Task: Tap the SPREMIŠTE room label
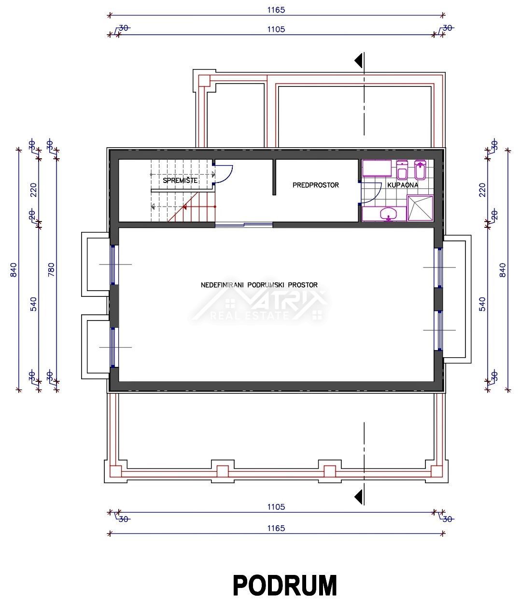180,180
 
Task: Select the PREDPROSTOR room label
316,185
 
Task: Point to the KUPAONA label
403,185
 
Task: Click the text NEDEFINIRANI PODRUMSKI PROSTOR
259,285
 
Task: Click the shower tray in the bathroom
421,208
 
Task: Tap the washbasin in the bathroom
388,215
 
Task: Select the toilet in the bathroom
402,170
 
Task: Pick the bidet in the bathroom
420,169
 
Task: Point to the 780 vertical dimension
51,269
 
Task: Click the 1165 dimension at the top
276,10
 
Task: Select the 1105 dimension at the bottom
276,507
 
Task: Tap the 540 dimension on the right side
482,304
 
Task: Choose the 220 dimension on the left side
34,190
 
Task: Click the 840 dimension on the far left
14,269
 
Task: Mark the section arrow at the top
358,60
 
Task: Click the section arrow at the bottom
358,497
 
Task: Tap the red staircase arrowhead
184,207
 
